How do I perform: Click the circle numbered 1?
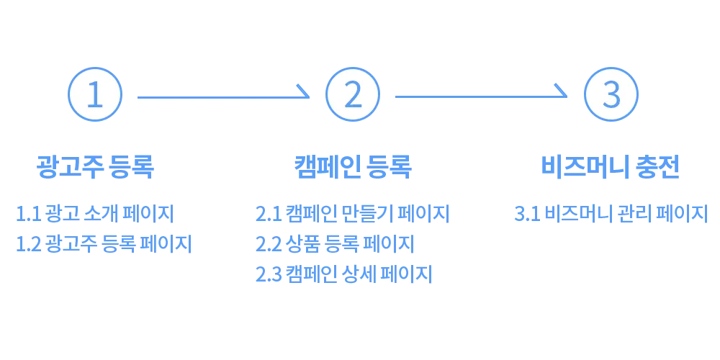click(x=95, y=95)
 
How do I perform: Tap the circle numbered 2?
click(x=353, y=95)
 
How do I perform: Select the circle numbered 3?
click(x=611, y=95)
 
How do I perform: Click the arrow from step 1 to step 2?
click(x=222, y=96)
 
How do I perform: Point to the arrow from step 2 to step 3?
click(x=480, y=95)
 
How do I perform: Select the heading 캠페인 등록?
click(x=353, y=166)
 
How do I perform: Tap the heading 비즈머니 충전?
click(x=611, y=166)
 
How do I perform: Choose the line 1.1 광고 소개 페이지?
click(x=94, y=214)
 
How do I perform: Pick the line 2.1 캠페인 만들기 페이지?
click(x=352, y=214)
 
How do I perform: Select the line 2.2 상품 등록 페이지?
click(x=334, y=244)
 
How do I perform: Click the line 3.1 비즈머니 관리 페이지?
click(x=611, y=214)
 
